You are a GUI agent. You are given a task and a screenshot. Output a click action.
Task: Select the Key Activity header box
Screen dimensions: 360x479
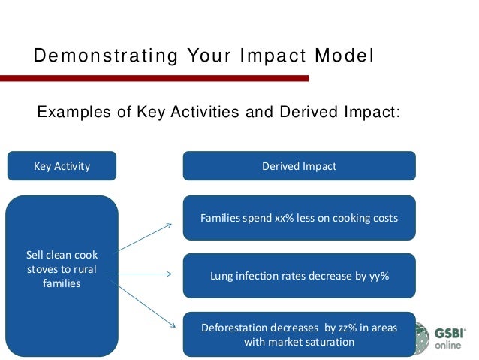click(62, 166)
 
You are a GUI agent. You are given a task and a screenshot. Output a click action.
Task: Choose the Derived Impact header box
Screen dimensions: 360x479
click(299, 166)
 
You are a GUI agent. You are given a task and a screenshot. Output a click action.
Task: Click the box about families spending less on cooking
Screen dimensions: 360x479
click(299, 219)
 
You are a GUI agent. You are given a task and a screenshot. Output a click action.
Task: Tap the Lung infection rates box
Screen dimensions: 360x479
click(299, 276)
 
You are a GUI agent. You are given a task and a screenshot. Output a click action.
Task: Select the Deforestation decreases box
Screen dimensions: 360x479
click(299, 334)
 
